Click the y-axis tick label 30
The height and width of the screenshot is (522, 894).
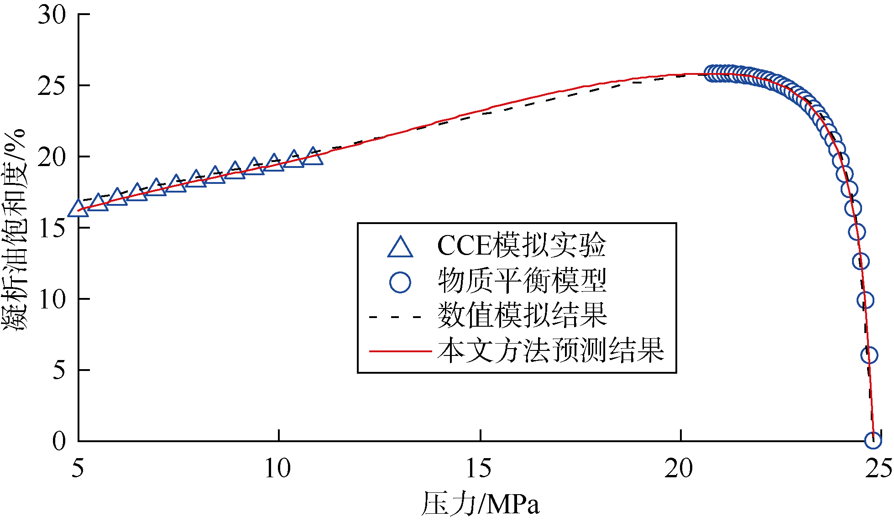pyautogui.click(x=52, y=15)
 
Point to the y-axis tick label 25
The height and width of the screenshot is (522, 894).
pyautogui.click(x=52, y=86)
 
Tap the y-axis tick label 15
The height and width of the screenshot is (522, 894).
pyautogui.click(x=52, y=228)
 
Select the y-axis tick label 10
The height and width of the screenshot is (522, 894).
pyautogui.click(x=52, y=299)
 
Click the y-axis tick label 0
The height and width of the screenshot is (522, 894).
pyautogui.click(x=59, y=441)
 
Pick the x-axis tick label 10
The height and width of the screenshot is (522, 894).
pyautogui.click(x=278, y=469)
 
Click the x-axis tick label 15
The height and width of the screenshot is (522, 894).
pyautogui.click(x=479, y=469)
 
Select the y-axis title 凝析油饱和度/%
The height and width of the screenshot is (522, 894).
pyautogui.click(x=15, y=230)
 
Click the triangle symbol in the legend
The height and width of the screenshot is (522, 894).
pyautogui.click(x=400, y=248)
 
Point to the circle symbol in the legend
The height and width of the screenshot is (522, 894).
pyautogui.click(x=400, y=282)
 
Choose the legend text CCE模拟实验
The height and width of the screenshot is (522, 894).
pyautogui.click(x=521, y=246)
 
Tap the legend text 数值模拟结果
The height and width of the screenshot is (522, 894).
pyautogui.click(x=522, y=315)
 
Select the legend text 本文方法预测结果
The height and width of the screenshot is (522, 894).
pyautogui.click(x=551, y=350)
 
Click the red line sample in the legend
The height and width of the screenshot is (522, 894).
pyautogui.click(x=400, y=351)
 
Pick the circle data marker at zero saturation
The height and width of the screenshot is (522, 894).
pyautogui.click(x=873, y=440)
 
